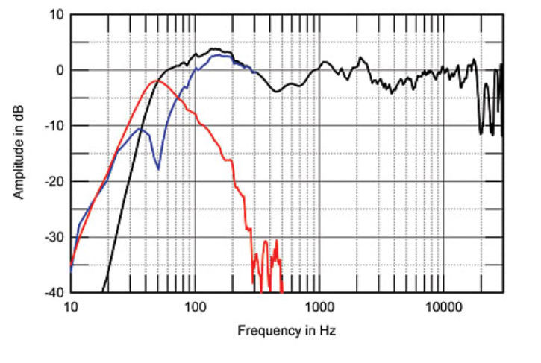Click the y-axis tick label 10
pyautogui.click(x=57, y=15)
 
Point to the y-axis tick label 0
pyautogui.click(x=60, y=71)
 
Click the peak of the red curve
pyautogui.click(x=155, y=81)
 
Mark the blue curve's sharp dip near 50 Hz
pyautogui.click(x=158, y=168)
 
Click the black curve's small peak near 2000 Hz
pyautogui.click(x=361, y=57)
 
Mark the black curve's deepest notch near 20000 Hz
pyautogui.click(x=481, y=133)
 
